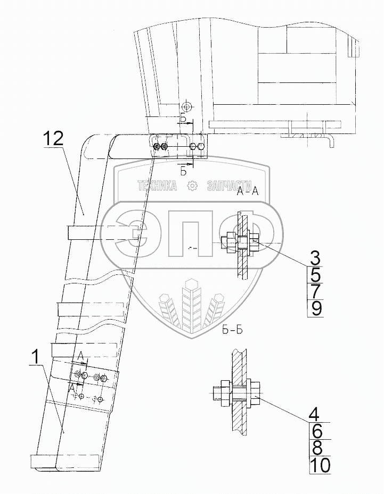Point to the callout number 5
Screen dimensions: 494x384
(x=315, y=276)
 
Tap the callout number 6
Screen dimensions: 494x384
(x=315, y=430)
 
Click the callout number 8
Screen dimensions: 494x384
(x=315, y=447)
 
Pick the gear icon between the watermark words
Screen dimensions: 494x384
(x=192, y=186)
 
